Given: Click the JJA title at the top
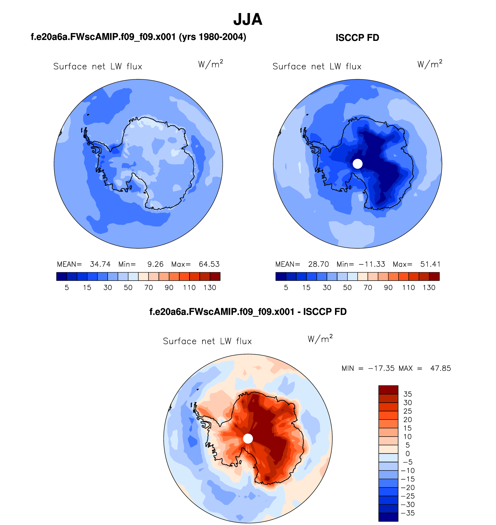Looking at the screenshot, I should (x=248, y=19).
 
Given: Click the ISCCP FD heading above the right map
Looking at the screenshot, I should (x=357, y=38).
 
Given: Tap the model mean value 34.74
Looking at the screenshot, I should (x=100, y=264).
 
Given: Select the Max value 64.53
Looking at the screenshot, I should (x=209, y=264).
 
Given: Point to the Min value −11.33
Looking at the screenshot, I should (x=372, y=264).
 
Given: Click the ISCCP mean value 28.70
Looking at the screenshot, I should (x=318, y=264).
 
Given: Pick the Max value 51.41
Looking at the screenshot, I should (x=430, y=264).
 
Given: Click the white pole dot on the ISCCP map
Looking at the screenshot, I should (x=358, y=164).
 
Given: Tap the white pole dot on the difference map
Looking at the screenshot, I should (x=248, y=438).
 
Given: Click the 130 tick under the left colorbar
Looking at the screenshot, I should (x=210, y=288).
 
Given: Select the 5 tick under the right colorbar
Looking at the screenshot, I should (x=286, y=288).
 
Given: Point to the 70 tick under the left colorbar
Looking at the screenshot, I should (x=149, y=288).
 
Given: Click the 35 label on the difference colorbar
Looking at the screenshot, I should (x=408, y=394).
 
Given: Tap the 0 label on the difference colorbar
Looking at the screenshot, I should (x=408, y=453).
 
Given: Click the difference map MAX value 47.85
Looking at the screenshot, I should (x=441, y=368).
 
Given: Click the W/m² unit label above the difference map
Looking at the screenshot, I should (x=320, y=339).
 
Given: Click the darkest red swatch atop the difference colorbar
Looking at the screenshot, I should (x=388, y=390).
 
